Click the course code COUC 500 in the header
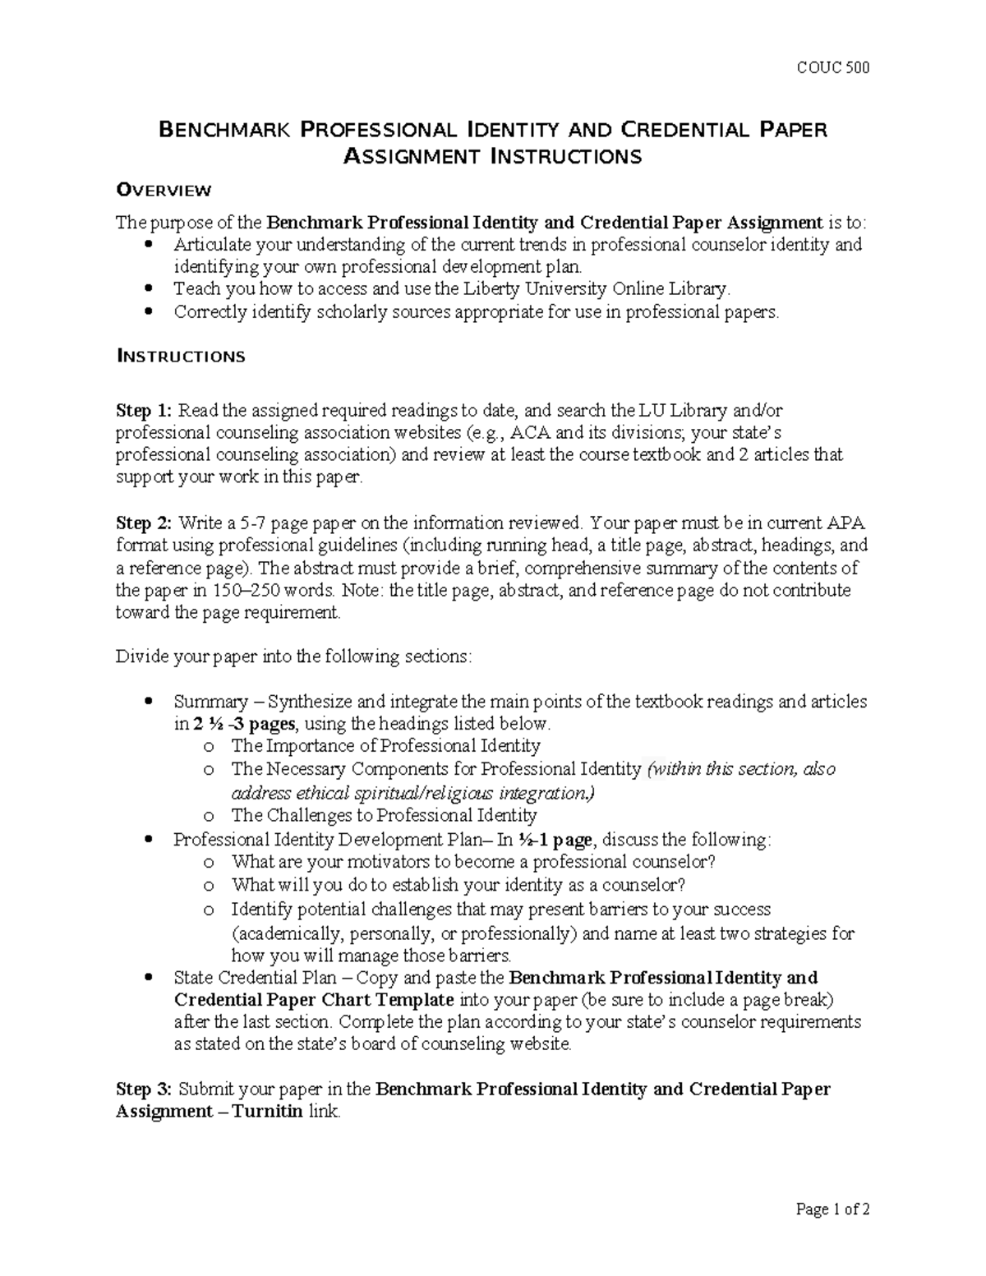[x=833, y=67]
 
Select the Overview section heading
[x=164, y=191]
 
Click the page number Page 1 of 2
[x=833, y=1209]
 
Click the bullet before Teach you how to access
[x=148, y=289]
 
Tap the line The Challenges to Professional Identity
[x=384, y=816]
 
